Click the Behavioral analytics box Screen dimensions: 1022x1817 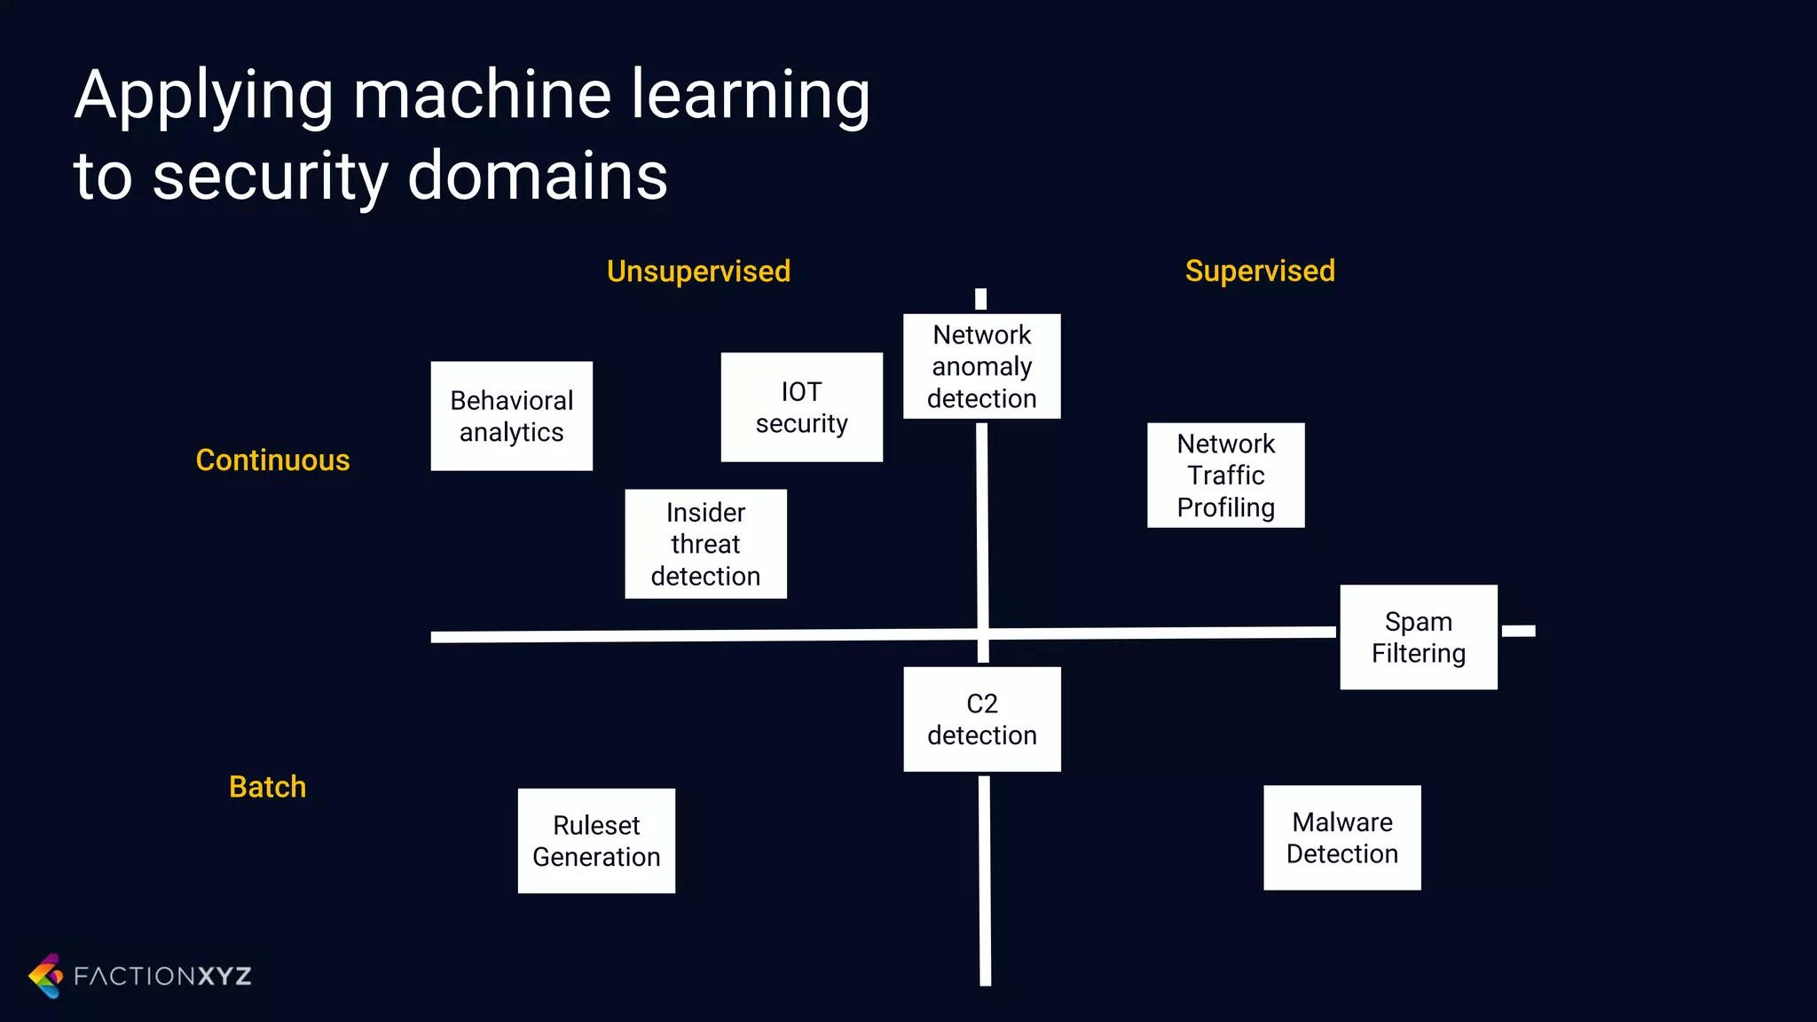pos(511,415)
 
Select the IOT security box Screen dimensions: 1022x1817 pos(801,407)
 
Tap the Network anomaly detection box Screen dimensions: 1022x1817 pos(981,366)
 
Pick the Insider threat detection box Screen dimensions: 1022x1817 pos(705,544)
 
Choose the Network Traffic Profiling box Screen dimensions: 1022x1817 pos(1225,475)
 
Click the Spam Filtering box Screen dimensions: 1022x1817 pos(1418,637)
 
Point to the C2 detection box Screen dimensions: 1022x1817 pos(981,719)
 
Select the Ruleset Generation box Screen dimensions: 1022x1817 pos(596,840)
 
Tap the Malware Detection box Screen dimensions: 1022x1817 pos(1341,837)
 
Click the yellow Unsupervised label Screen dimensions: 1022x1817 pos(698,271)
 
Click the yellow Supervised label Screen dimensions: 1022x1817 pos(1259,271)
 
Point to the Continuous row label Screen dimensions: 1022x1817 pos(272,460)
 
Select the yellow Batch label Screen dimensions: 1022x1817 pos(267,787)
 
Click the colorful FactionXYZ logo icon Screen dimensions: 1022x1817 pos(46,976)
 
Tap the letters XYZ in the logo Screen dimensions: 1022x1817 pos(224,976)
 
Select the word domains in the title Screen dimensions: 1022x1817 pos(537,176)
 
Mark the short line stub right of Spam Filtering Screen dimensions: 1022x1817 pos(1518,631)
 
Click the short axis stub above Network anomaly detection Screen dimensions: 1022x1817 pos(980,299)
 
